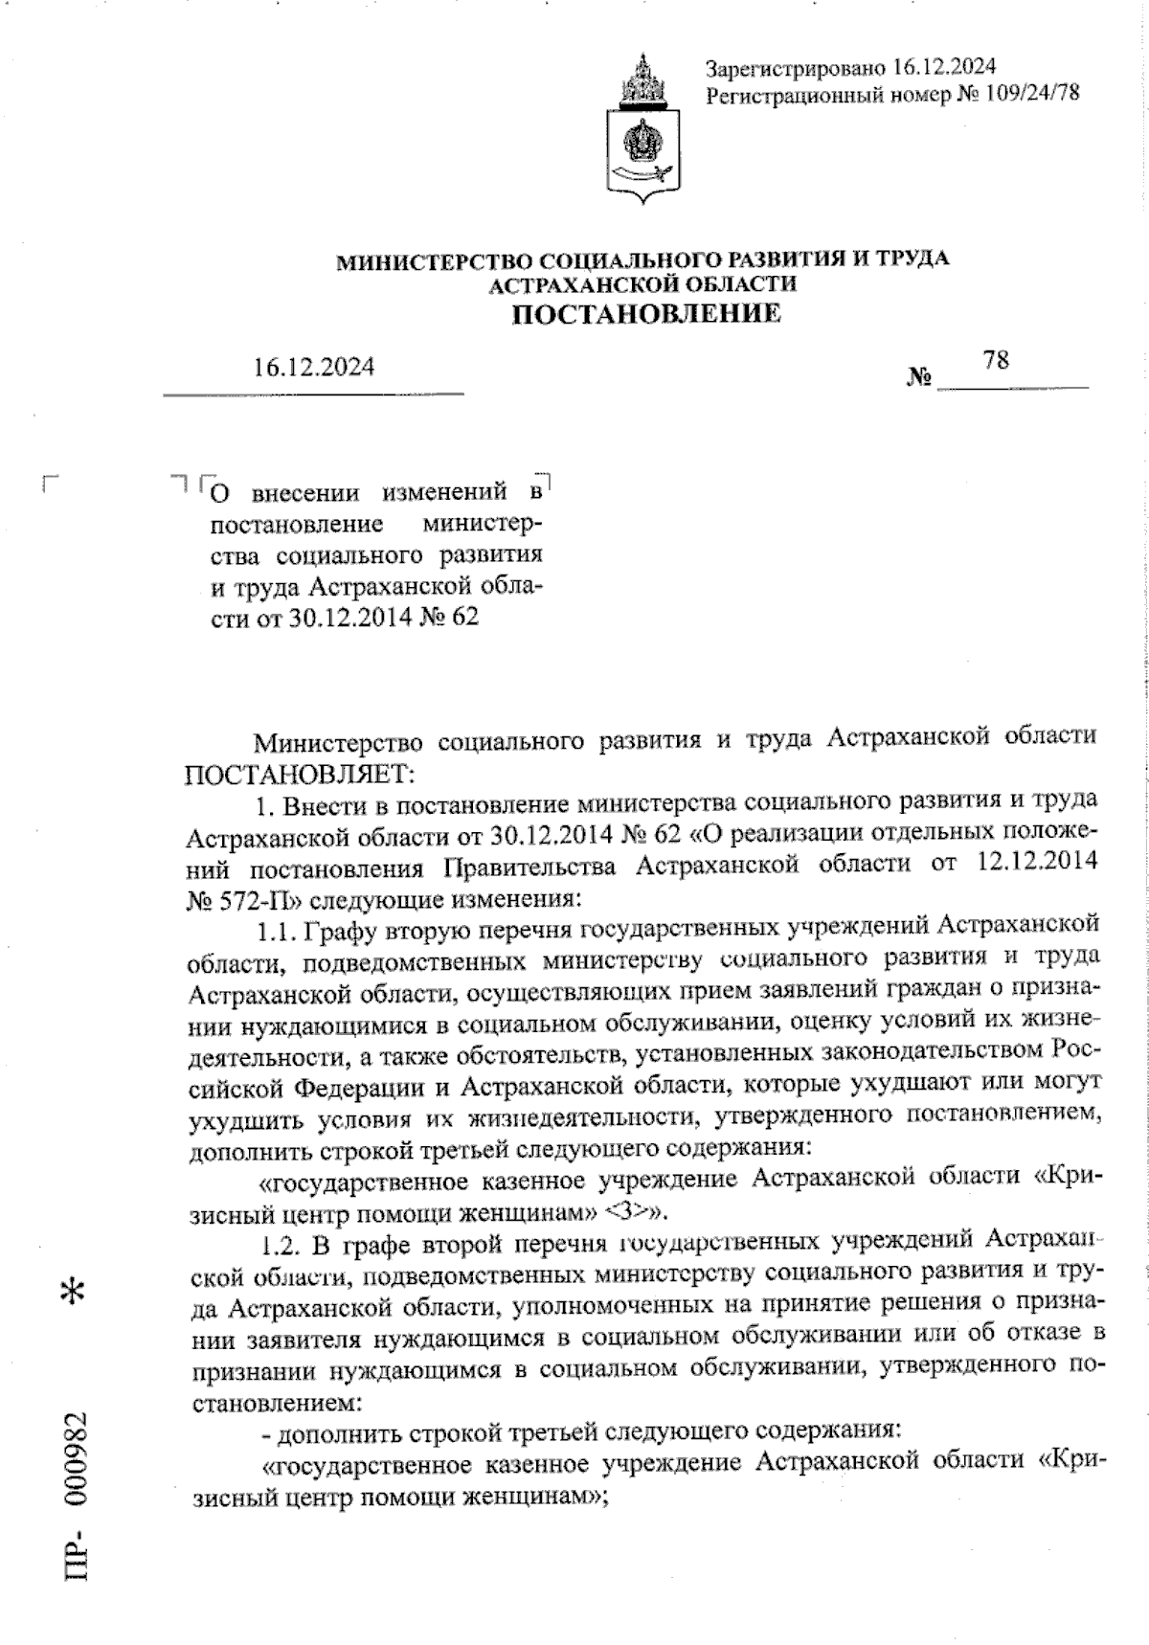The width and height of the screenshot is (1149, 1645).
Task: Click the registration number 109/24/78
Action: click(1027, 94)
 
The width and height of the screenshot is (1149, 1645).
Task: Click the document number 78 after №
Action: click(996, 360)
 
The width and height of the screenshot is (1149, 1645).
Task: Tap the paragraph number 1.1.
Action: click(281, 932)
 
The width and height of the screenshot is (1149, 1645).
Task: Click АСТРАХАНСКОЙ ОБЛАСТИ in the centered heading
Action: click(642, 285)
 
